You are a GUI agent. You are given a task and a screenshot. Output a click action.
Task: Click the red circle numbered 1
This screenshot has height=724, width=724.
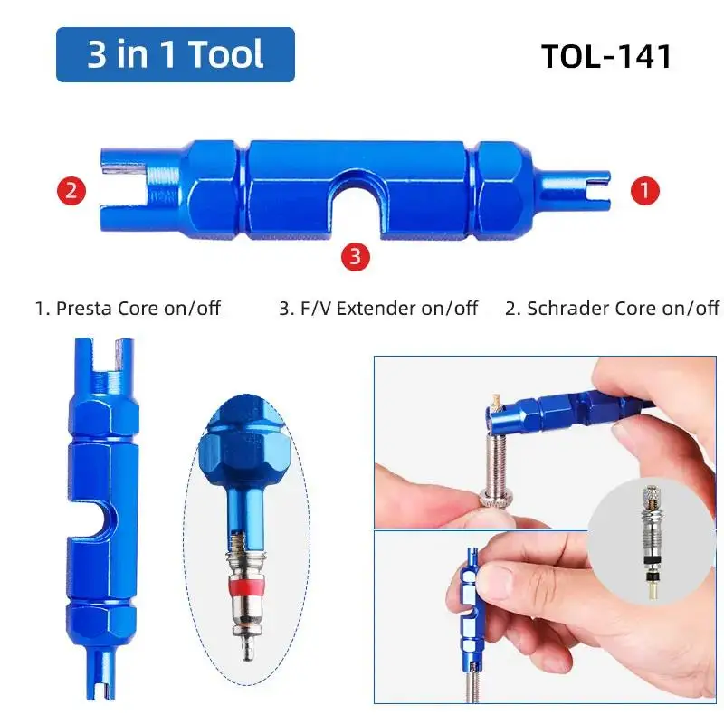coord(644,191)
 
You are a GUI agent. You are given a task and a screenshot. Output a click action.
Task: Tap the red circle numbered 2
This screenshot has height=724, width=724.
coord(71,191)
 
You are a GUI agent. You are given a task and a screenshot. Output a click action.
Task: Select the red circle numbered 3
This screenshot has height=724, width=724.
coord(355,256)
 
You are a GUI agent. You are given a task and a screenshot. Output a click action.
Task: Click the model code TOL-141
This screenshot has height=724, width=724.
coord(606,56)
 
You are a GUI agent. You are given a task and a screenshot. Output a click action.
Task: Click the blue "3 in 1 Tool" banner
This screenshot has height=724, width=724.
coord(176,54)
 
